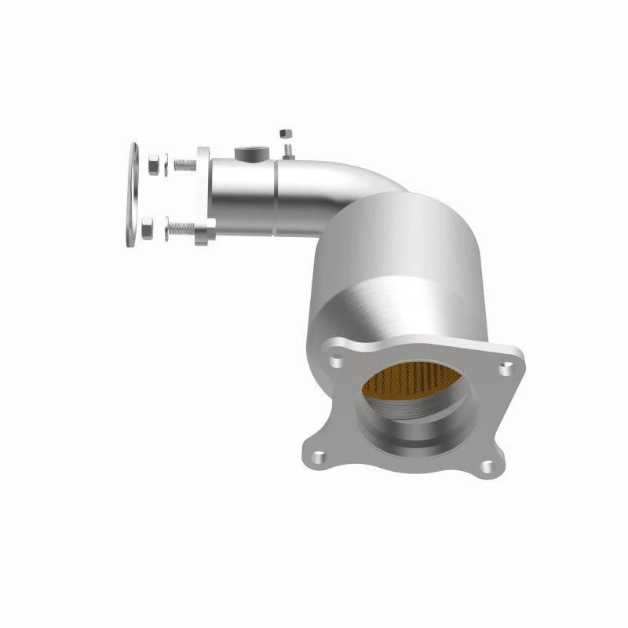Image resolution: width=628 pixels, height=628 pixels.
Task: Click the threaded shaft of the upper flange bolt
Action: coord(185,166)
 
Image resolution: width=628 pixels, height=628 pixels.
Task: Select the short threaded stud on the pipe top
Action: coord(289,148)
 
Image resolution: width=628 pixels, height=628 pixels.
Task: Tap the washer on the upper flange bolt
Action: coord(167,166)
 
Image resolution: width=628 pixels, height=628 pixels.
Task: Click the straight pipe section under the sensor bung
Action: coord(243,192)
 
